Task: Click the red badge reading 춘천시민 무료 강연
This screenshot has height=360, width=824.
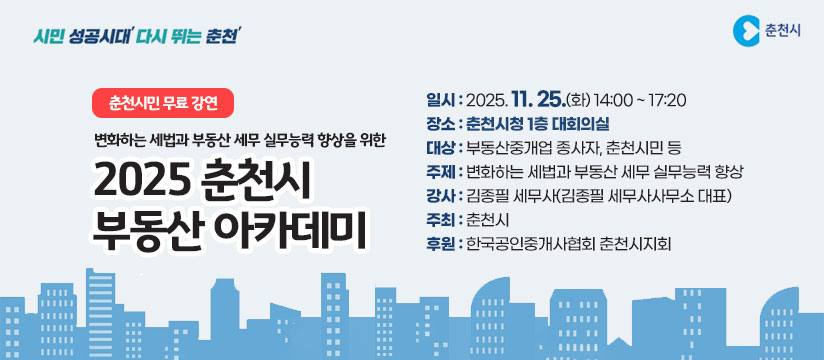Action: tap(163, 102)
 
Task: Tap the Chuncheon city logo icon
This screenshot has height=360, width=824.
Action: tap(745, 31)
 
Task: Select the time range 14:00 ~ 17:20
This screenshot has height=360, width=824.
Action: tap(639, 101)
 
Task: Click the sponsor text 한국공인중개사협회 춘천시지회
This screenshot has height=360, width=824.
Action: tap(567, 243)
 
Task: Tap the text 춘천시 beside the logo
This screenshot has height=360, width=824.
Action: tap(782, 31)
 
